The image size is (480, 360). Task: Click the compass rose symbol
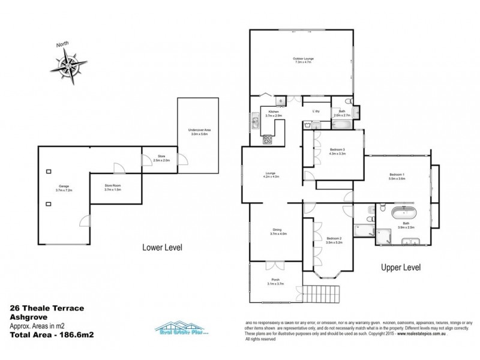point(70,64)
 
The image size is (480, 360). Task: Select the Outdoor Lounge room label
point(303,59)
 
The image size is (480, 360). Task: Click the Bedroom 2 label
point(334,239)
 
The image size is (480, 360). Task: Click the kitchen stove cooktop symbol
point(267,141)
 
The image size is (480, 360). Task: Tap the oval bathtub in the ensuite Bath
point(403,214)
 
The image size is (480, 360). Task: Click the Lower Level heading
point(162,247)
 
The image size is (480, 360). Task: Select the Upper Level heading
point(401,267)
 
